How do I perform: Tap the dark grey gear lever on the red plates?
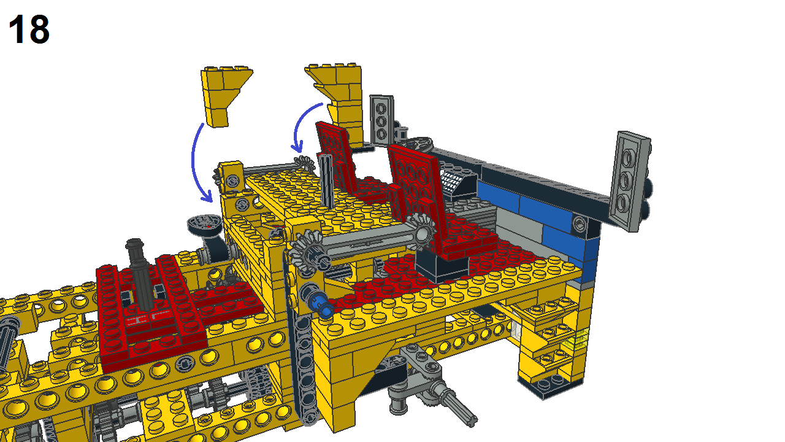tap(140, 273)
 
